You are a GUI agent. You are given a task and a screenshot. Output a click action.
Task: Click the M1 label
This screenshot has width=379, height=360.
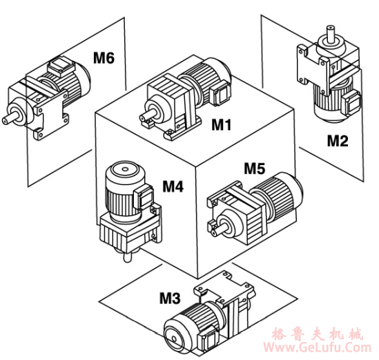click(222, 124)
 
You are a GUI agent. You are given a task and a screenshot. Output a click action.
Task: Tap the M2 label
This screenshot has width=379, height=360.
click(338, 141)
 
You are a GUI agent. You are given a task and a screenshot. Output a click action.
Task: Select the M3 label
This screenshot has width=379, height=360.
click(170, 298)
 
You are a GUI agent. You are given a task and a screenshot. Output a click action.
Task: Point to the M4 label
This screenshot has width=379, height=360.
click(173, 187)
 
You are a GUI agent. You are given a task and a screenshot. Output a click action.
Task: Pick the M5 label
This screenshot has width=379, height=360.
click(255, 168)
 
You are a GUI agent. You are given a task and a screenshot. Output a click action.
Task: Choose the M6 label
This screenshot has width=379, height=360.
click(104, 58)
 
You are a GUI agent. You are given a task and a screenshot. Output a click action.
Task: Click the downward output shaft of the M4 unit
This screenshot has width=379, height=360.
click(127, 257)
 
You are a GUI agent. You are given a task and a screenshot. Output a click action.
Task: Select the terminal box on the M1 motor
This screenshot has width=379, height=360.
click(220, 93)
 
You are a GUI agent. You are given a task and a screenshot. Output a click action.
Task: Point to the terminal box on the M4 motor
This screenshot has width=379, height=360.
click(144, 198)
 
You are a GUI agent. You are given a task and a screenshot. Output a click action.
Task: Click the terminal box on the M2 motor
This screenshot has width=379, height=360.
click(351, 103)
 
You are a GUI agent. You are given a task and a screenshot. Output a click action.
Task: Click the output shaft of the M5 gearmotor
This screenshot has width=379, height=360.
click(223, 229)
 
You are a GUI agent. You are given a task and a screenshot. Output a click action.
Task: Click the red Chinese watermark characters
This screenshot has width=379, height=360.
click(318, 334)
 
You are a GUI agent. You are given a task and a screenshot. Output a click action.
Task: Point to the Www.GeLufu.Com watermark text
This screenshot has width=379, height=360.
click(317, 347)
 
